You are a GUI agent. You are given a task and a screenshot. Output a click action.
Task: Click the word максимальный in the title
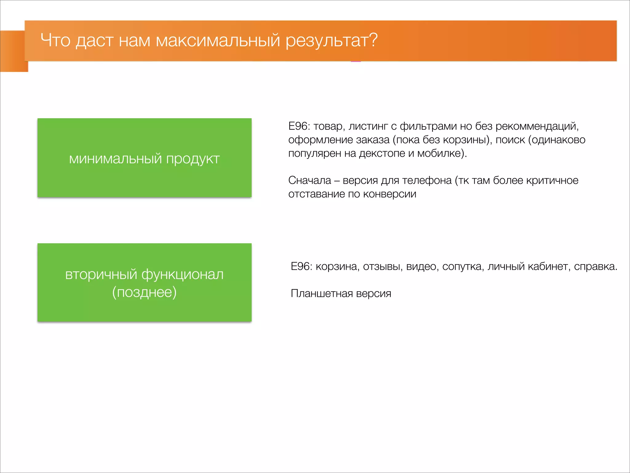tap(218, 40)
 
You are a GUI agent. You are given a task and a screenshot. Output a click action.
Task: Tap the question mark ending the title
tap(373, 40)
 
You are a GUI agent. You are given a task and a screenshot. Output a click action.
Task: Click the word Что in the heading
tap(55, 40)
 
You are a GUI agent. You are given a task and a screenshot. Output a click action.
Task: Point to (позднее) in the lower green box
tap(144, 292)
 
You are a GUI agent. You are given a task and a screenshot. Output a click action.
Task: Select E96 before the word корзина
tap(301, 266)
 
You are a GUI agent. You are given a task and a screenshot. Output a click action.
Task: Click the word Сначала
tap(309, 180)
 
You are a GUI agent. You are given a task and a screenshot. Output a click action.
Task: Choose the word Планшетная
tap(321, 293)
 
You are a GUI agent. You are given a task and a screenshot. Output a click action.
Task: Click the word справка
tap(595, 266)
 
